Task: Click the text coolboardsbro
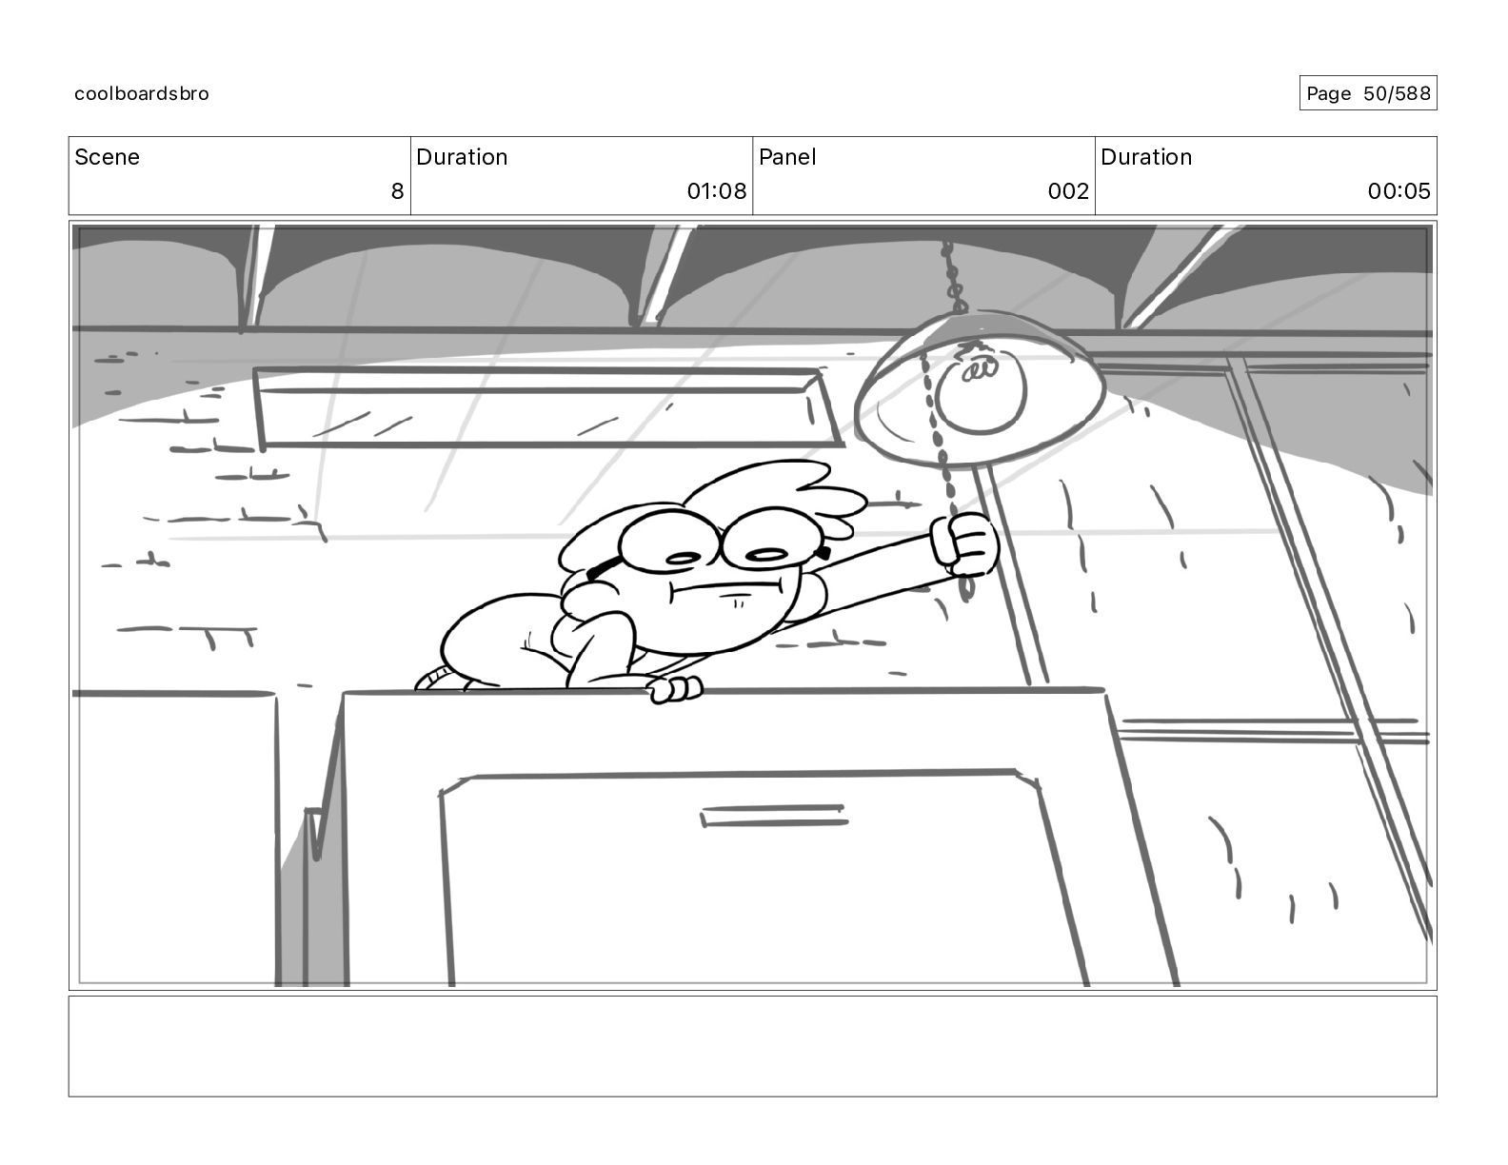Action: [142, 93]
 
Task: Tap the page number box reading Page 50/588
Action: [1367, 93]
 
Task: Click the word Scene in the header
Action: [107, 157]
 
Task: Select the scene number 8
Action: [397, 191]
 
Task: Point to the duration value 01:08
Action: [716, 191]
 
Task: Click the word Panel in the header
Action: [787, 157]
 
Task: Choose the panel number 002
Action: [1067, 191]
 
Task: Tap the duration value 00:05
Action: [1399, 191]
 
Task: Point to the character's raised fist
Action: [963, 545]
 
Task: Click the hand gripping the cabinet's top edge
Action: [674, 688]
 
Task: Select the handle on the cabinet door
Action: [773, 816]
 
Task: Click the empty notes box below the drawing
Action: [752, 1045]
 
